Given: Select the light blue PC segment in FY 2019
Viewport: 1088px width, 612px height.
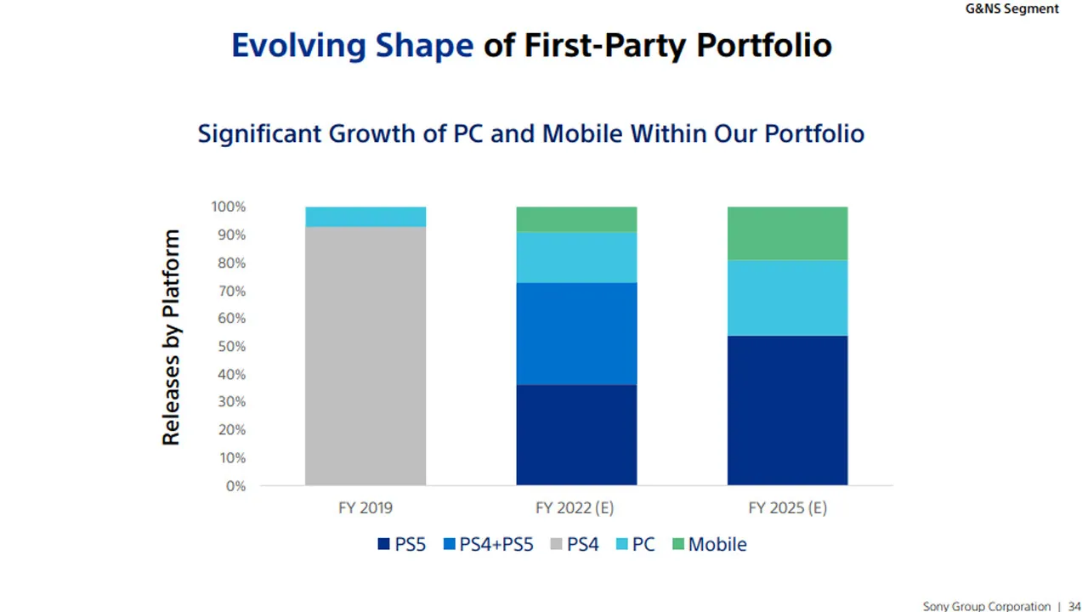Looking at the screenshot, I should (365, 217).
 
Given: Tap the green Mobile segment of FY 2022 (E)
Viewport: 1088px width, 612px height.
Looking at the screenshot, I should (576, 219).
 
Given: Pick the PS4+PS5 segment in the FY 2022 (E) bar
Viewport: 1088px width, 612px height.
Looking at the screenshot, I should (576, 333).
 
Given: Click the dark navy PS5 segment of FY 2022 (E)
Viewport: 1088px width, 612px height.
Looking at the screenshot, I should (576, 434).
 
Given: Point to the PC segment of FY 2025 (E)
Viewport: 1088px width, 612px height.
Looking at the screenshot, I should (787, 297).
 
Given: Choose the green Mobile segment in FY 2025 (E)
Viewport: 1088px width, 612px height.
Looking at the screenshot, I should (787, 233).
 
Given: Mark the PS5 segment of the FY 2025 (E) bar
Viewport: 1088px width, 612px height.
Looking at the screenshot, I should (787, 410).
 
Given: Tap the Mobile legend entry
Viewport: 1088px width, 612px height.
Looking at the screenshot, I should (709, 544).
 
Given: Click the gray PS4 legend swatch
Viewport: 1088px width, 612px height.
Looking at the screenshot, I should (557, 544).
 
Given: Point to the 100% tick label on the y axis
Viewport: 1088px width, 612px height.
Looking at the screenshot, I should (228, 207).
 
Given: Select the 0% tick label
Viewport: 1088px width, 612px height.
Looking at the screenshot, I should (235, 486).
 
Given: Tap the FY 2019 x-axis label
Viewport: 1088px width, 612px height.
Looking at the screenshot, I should (365, 508).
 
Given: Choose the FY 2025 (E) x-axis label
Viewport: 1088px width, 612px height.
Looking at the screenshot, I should (787, 508).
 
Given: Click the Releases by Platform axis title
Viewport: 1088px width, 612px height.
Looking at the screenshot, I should (172, 337).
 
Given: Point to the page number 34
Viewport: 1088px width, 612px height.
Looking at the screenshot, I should (1074, 606).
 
